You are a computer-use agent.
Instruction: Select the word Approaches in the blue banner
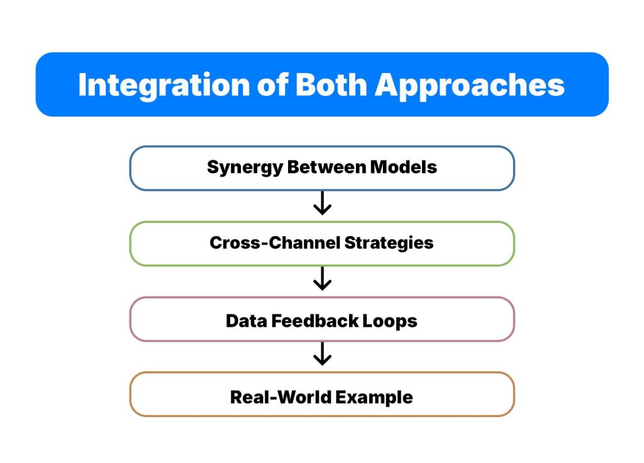click(471, 85)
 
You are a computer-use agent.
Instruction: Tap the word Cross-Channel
click(272, 243)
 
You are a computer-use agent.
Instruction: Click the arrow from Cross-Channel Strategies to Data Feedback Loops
click(322, 279)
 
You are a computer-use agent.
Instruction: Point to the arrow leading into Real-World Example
click(322, 354)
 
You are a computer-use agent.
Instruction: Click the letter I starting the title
click(82, 85)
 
